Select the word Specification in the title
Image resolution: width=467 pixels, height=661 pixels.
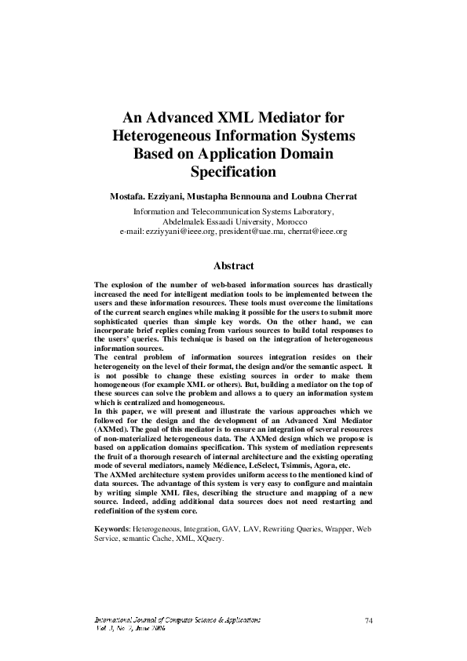tap(233, 170)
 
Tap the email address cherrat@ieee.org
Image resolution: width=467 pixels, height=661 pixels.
tap(317, 232)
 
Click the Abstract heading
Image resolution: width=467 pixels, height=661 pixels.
tap(233, 265)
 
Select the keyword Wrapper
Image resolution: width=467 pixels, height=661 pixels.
tap(332, 529)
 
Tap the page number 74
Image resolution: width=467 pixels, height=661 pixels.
tap(368, 621)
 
